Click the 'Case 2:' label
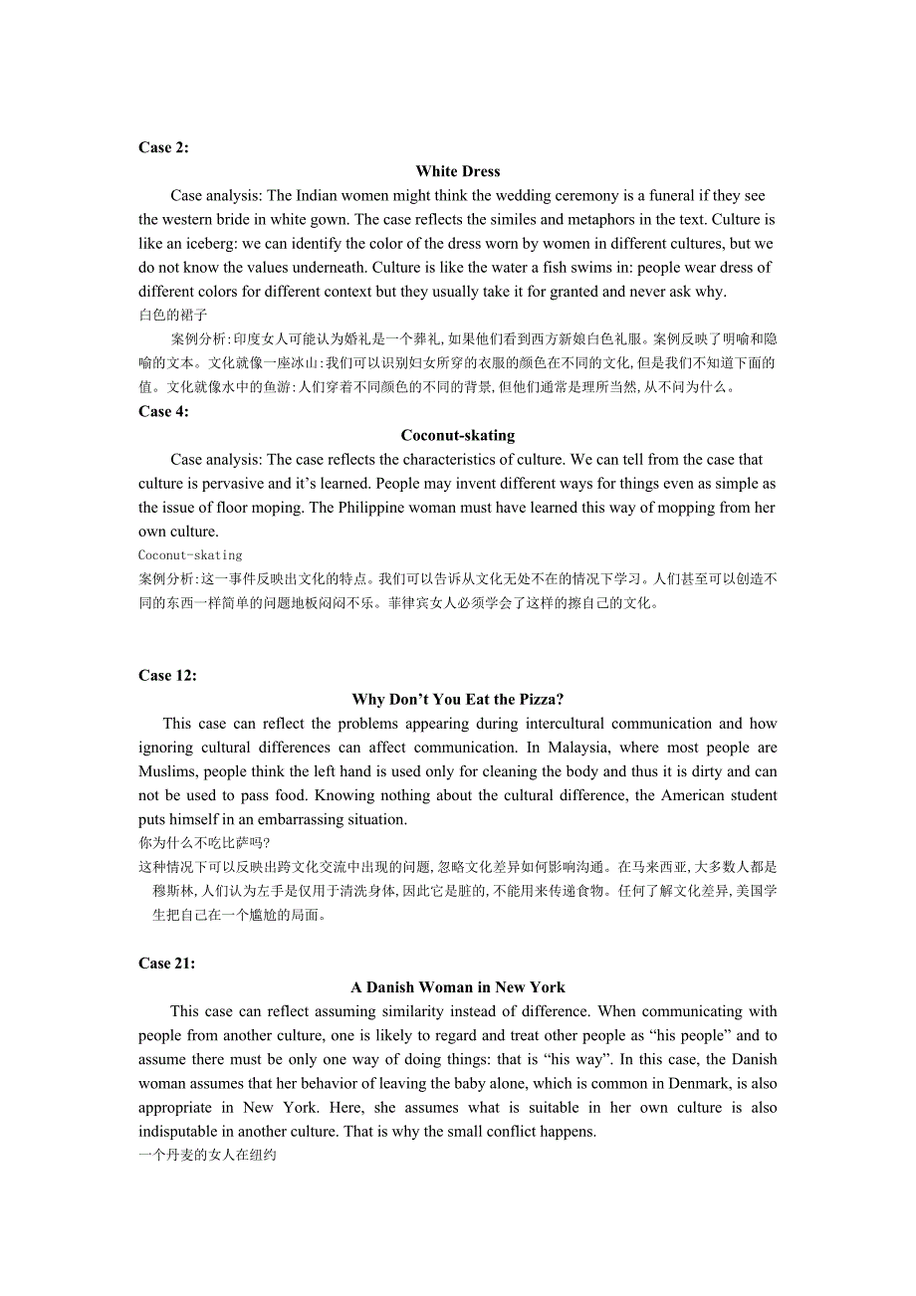point(163,147)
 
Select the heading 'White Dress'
point(458,171)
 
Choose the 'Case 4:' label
point(163,411)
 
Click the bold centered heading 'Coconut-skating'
point(458,435)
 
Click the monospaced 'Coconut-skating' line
point(190,555)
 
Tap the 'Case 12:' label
point(167,675)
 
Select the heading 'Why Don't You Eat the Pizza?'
point(458,699)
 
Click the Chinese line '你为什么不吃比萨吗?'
point(197,842)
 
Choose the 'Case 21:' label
point(167,963)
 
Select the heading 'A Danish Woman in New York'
point(458,986)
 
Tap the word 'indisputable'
point(181,1131)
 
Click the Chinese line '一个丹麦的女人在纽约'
point(207,1155)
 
